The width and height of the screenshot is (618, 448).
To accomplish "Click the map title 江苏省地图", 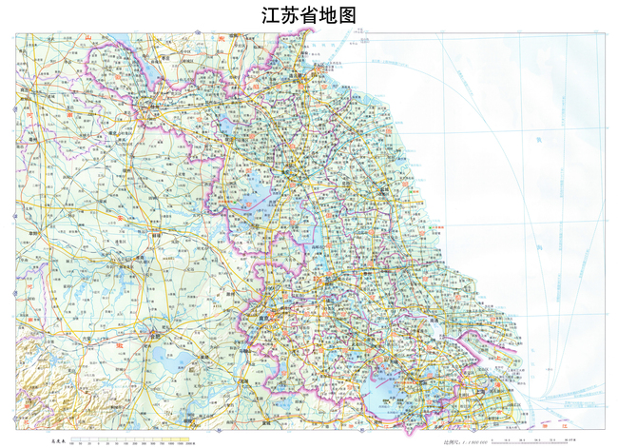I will (308, 15).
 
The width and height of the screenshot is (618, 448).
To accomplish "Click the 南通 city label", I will (433, 314).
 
